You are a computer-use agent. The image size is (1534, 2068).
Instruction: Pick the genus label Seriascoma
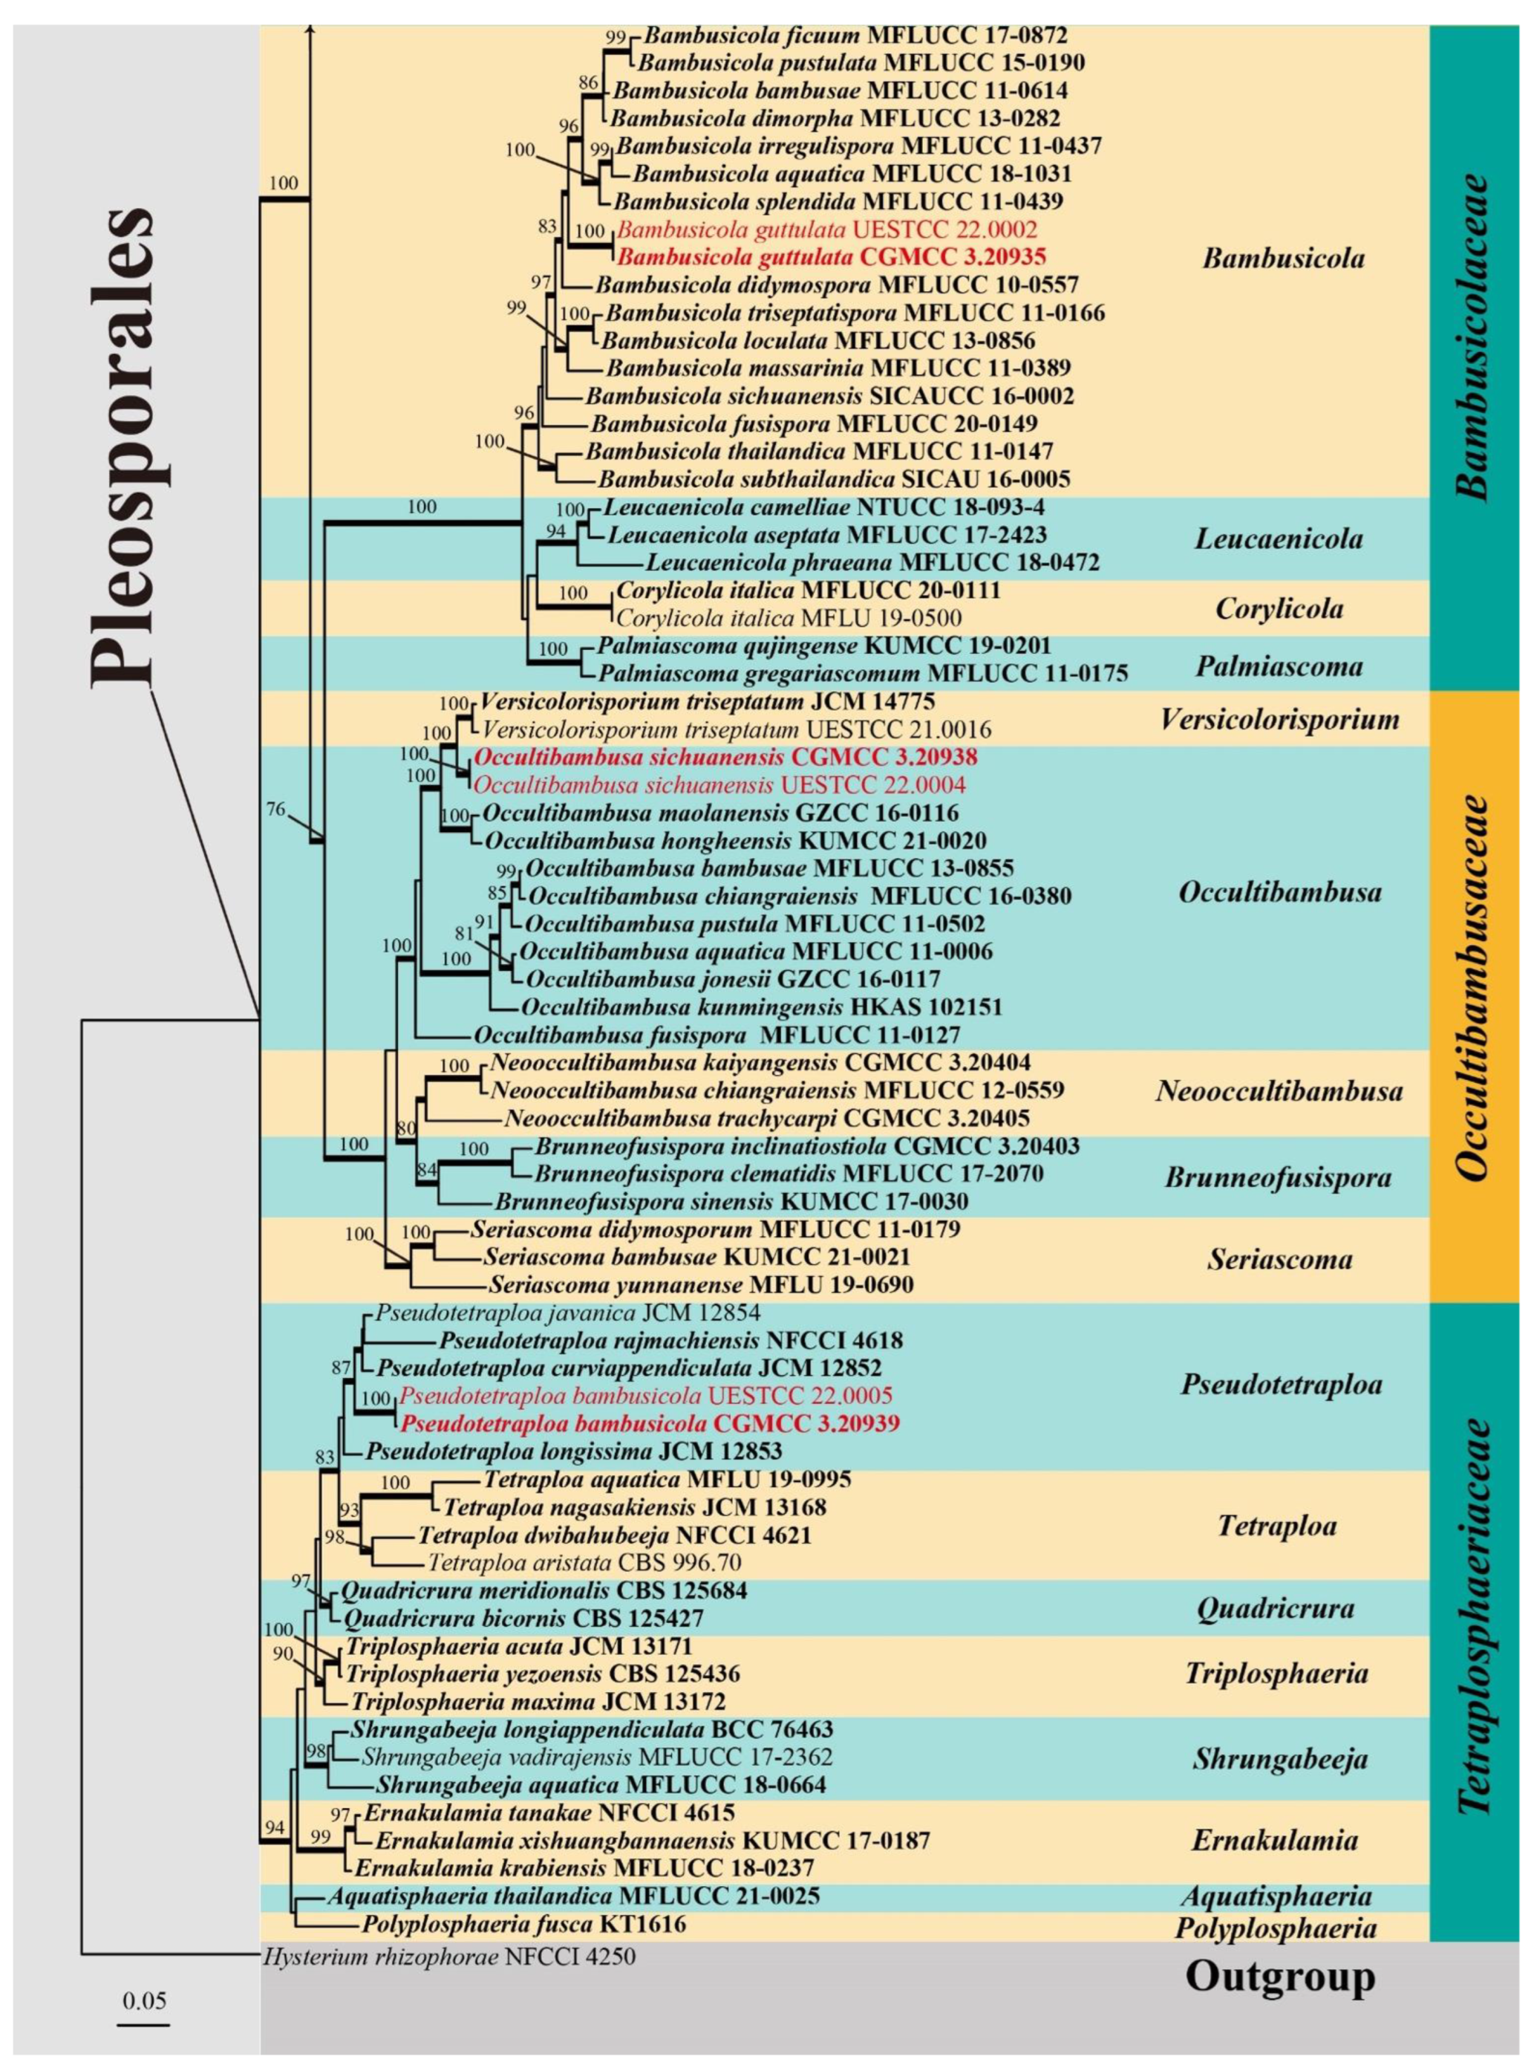[1279, 1259]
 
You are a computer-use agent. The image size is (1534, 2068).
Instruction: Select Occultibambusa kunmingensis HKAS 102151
[761, 1006]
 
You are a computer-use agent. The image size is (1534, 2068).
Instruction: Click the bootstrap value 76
[275, 809]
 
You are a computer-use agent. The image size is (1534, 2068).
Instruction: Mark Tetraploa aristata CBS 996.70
[583, 1561]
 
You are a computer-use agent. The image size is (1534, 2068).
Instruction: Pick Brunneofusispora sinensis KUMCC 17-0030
[731, 1201]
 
